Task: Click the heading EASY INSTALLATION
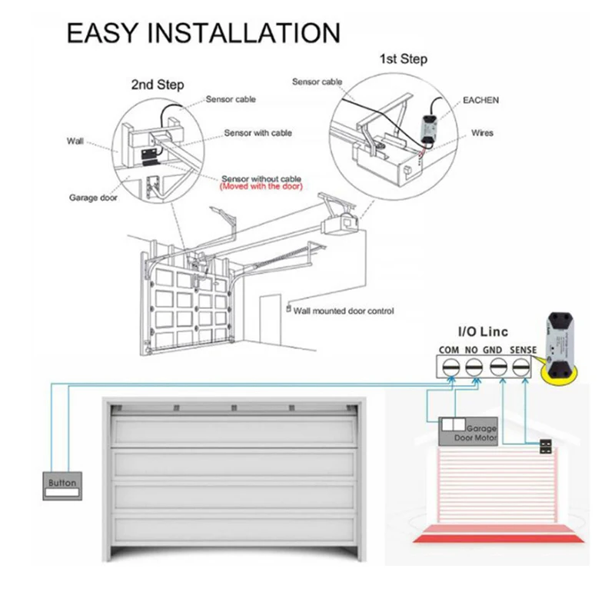coord(203,33)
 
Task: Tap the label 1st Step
coord(403,59)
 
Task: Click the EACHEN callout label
coord(480,100)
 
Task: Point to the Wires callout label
coord(483,133)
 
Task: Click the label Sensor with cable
coord(258,133)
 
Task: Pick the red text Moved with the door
coord(261,187)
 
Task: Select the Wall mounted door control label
coord(344,311)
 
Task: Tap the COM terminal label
coord(450,350)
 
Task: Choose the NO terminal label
coord(473,350)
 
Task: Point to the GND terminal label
coord(494,350)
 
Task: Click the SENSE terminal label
coord(523,350)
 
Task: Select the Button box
coord(62,484)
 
